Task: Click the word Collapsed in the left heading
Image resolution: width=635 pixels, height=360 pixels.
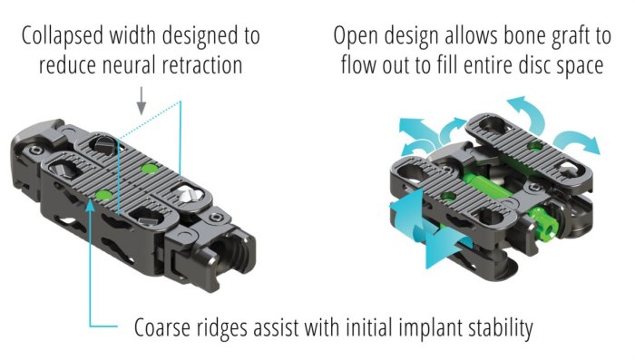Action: click(x=63, y=36)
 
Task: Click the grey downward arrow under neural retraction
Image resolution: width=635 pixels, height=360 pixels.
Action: click(x=141, y=101)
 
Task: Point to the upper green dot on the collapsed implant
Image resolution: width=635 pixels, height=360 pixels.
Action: click(x=148, y=169)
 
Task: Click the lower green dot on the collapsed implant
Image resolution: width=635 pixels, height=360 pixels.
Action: click(x=104, y=195)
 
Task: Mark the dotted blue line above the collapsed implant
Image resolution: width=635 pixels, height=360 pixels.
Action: click(x=149, y=121)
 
